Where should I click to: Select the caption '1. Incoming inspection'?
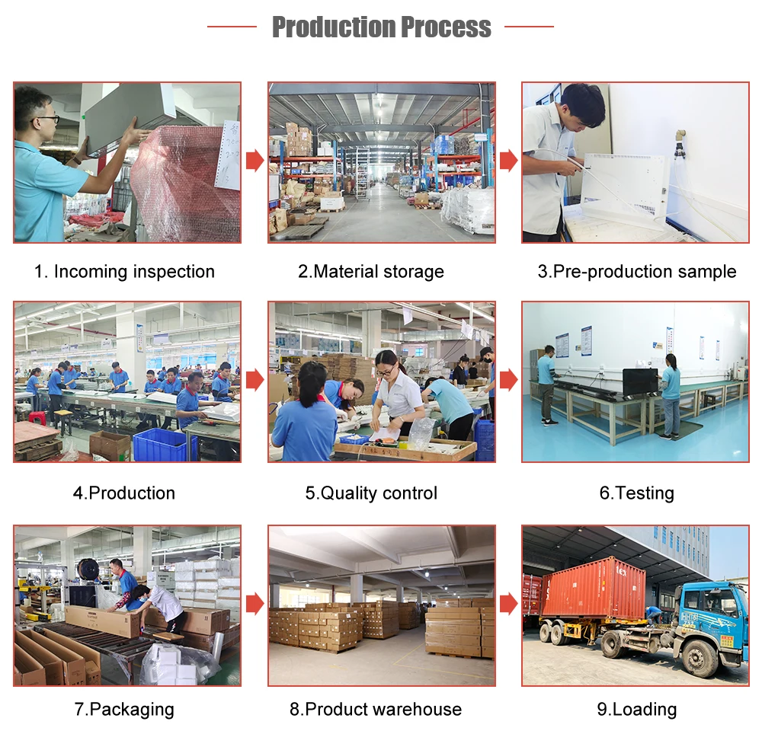click(124, 272)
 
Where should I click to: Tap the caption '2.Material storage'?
click(370, 272)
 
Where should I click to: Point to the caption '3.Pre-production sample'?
click(636, 272)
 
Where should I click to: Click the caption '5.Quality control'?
click(371, 493)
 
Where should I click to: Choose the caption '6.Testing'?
click(636, 493)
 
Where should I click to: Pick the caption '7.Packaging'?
click(124, 710)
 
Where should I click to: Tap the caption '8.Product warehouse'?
click(375, 710)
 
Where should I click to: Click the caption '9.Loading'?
click(636, 710)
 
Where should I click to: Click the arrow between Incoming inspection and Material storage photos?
click(255, 161)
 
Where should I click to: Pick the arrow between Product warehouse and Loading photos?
click(508, 605)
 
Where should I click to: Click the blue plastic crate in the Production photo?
click(160, 445)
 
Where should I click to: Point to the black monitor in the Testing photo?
click(639, 381)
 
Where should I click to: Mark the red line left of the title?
click(232, 27)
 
